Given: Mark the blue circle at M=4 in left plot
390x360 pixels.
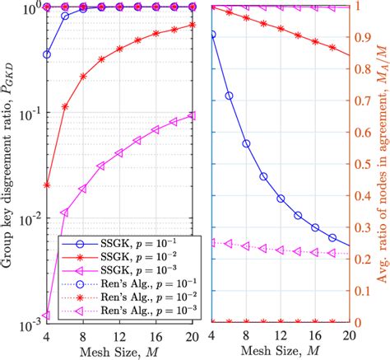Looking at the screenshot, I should tap(47, 54).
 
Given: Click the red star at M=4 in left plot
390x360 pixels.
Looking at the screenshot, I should tap(47, 185).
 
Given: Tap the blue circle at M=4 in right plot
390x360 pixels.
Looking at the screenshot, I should tap(213, 35).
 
